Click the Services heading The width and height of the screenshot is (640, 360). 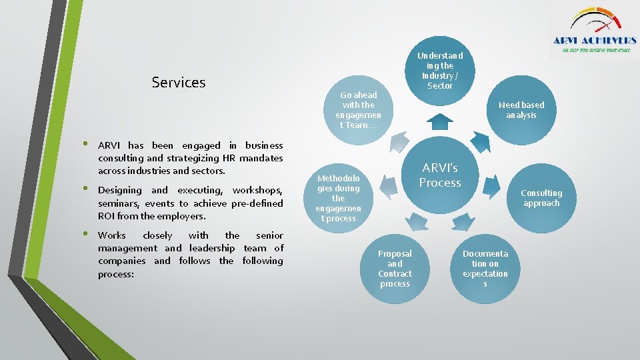[179, 83]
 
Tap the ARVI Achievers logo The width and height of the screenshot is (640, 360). [594, 30]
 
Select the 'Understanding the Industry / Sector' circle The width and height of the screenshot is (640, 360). [439, 71]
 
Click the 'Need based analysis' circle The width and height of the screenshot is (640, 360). [521, 110]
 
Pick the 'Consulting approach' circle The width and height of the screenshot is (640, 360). [541, 198]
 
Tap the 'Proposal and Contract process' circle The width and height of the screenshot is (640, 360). [395, 269]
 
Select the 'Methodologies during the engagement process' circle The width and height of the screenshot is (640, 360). [338, 198]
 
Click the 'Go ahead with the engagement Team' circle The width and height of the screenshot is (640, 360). [359, 110]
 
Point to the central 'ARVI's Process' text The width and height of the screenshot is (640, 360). [440, 175]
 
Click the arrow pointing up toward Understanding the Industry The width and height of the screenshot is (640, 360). [440, 121]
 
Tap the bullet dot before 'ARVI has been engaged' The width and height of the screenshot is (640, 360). [85, 145]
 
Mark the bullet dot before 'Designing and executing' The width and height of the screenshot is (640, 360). [85, 190]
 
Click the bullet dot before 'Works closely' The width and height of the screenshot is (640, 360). [85, 235]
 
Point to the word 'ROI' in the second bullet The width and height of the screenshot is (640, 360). [106, 216]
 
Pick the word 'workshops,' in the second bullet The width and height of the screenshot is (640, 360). [257, 191]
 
